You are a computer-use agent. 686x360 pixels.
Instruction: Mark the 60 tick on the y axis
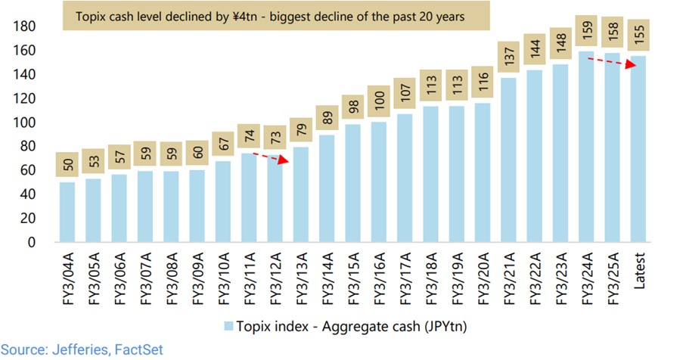tap(29, 171)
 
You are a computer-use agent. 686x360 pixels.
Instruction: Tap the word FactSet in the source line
tap(135, 350)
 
